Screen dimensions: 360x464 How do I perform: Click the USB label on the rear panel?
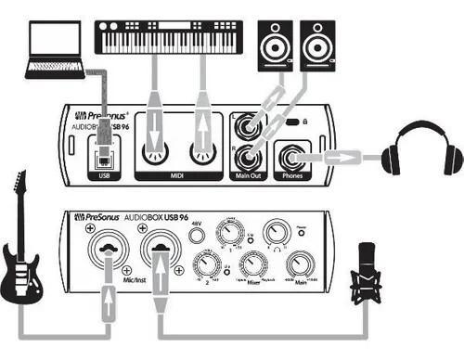click(x=102, y=174)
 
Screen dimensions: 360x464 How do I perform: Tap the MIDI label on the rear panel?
click(x=177, y=174)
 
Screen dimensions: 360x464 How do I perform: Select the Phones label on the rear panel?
click(x=295, y=174)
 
